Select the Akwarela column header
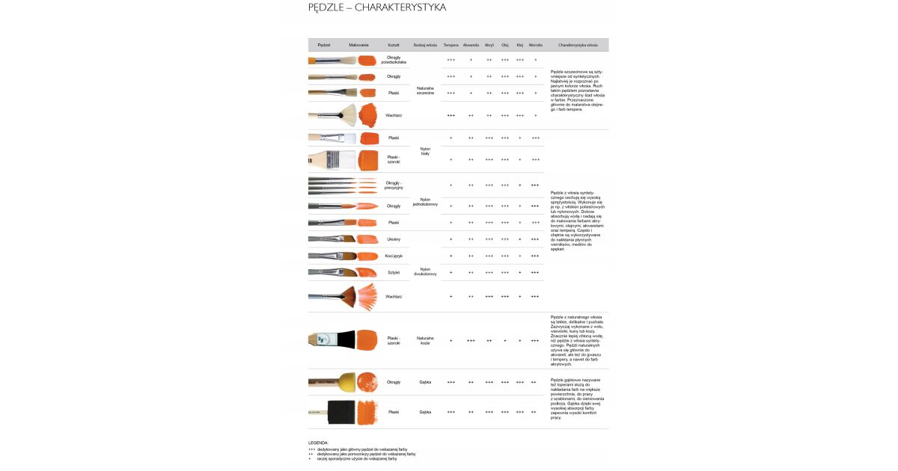[x=471, y=45]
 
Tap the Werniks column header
[x=535, y=45]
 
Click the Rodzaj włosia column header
[x=425, y=45]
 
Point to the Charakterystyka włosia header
[x=578, y=45]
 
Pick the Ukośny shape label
[x=394, y=239]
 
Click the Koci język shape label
[x=394, y=256]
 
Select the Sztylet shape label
[x=394, y=273]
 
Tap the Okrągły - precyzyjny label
[x=394, y=185]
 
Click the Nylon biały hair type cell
[x=425, y=151]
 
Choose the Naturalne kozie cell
[x=425, y=340]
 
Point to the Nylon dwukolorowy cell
[x=425, y=271]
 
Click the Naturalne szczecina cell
[x=425, y=90]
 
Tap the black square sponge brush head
[x=340, y=412]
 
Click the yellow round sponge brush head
[x=346, y=381]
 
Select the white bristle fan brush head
[x=348, y=115]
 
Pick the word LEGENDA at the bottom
[x=318, y=443]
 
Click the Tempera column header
[x=450, y=45]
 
